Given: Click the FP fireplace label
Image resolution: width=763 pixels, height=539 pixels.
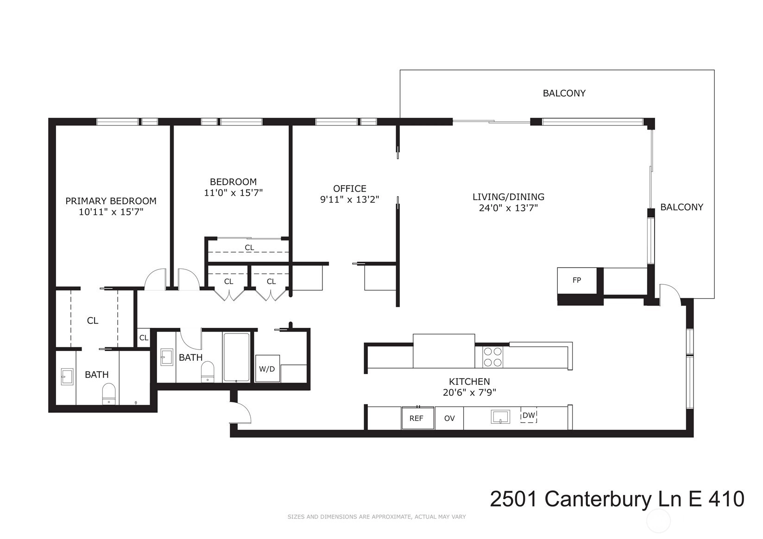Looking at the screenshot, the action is click(576, 280).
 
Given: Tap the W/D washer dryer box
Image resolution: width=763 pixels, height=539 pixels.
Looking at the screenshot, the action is click(267, 369).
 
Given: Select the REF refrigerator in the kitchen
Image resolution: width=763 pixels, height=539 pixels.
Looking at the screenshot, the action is click(417, 418).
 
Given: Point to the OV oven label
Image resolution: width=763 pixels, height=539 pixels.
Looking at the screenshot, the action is click(449, 419).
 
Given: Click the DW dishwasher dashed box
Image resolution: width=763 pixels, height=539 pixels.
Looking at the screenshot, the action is click(529, 415).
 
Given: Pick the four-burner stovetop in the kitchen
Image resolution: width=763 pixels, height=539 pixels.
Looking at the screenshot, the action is click(492, 357).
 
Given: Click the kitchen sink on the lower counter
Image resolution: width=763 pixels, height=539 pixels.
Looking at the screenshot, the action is click(500, 416).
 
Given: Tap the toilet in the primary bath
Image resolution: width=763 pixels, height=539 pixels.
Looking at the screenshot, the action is click(109, 394).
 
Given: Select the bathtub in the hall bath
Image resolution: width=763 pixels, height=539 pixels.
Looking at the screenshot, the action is click(236, 357).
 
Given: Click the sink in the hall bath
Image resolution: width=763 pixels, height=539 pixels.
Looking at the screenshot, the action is click(167, 357).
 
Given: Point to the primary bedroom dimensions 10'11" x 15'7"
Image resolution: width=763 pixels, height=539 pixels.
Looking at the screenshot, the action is click(111, 212).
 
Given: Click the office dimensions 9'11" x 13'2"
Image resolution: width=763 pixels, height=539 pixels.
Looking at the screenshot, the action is click(349, 199).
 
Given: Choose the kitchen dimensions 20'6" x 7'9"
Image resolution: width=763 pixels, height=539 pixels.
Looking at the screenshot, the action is click(469, 393).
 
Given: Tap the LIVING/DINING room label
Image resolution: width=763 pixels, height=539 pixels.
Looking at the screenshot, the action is click(508, 197).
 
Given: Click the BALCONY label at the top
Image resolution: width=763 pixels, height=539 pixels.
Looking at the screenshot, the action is click(564, 93).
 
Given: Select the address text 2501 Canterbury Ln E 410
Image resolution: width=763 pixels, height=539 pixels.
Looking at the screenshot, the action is click(617, 500).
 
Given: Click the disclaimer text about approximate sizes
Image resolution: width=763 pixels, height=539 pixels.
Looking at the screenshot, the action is click(377, 517).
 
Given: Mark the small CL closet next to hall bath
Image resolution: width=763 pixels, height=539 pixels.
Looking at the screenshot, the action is click(144, 338).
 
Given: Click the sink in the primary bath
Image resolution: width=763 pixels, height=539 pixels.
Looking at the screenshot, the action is click(67, 376).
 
